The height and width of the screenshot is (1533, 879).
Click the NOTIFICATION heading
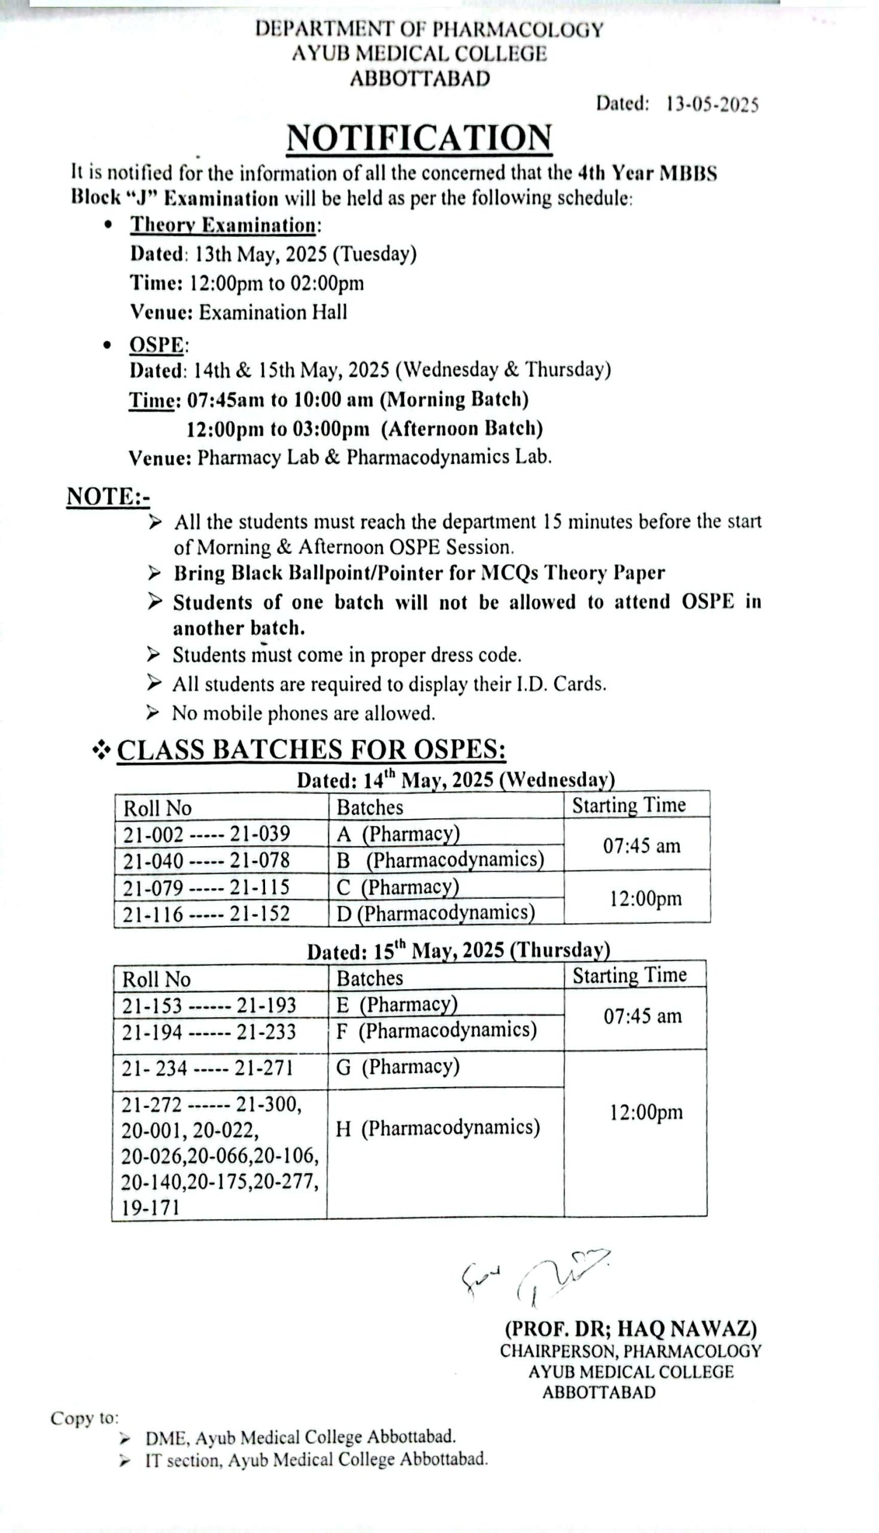[419, 138]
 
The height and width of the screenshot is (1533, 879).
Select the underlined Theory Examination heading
[223, 225]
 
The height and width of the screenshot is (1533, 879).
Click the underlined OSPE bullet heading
[156, 345]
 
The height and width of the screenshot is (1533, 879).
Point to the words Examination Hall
[273, 312]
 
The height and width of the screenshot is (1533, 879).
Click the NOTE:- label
[108, 496]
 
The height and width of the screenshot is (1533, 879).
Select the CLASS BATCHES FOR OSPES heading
[311, 750]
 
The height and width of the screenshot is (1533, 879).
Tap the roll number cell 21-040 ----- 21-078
[206, 860]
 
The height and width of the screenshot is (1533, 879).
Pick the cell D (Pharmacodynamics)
[435, 913]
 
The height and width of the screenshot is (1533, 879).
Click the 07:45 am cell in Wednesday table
[641, 846]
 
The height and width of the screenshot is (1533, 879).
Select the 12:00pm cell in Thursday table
[646, 1112]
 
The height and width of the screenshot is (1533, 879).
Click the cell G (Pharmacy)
[398, 1067]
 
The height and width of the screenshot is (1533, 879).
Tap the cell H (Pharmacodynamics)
[437, 1128]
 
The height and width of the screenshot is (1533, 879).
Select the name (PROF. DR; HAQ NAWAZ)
[631, 1329]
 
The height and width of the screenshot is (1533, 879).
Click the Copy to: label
[84, 1418]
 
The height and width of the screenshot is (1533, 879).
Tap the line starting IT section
[316, 1461]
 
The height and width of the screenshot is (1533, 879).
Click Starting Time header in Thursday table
[629, 975]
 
